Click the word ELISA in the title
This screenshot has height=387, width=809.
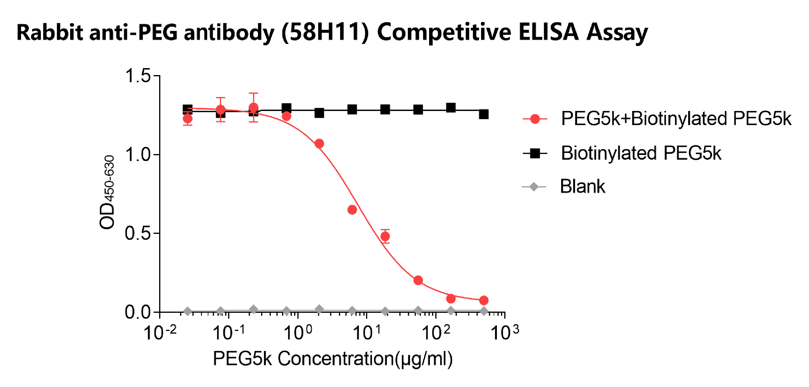(x=548, y=32)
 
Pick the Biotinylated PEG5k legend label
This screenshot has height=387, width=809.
(x=641, y=153)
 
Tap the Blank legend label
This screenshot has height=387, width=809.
(x=582, y=186)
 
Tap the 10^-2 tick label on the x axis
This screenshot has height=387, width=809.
(x=159, y=333)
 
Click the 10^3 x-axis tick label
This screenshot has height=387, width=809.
(x=504, y=333)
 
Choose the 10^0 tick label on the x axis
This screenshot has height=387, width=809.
(x=297, y=333)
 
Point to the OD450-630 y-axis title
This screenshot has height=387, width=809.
(x=107, y=192)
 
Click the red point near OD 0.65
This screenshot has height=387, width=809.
(x=352, y=210)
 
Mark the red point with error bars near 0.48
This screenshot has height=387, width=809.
(x=385, y=236)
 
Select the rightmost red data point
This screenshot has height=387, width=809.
(x=484, y=300)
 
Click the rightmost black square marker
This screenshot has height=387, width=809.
(x=484, y=114)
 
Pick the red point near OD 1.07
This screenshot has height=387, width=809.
(x=319, y=144)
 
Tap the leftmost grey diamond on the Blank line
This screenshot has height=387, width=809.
(x=187, y=311)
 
